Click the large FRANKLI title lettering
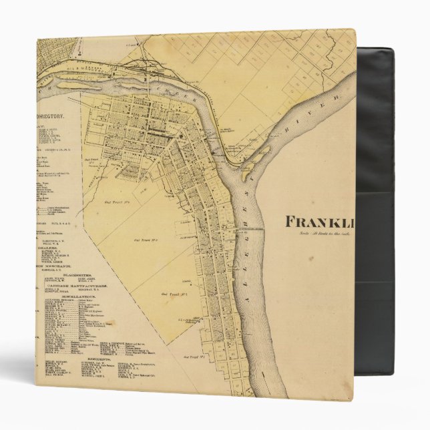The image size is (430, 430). (320, 221)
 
